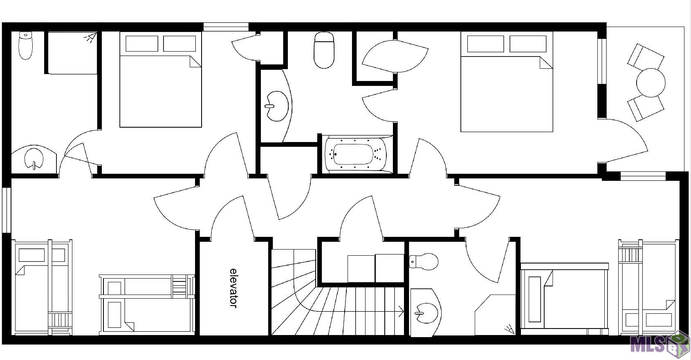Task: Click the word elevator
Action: (x=234, y=288)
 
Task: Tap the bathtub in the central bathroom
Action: (x=357, y=154)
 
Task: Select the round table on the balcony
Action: (x=651, y=83)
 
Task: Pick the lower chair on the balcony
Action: (x=646, y=108)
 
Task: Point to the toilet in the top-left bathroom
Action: (x=26, y=45)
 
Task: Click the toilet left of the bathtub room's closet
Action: (x=324, y=50)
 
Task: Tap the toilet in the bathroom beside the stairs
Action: (x=424, y=261)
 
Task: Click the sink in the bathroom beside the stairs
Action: (x=426, y=313)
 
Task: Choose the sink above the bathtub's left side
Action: (x=277, y=106)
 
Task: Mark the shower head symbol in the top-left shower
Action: (x=90, y=38)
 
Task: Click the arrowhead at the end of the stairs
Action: (x=402, y=311)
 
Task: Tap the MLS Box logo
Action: (x=659, y=345)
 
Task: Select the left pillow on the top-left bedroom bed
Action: (x=142, y=43)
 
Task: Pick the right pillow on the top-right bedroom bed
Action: (x=528, y=44)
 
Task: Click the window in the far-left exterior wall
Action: (x=7, y=210)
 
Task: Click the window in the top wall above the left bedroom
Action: (x=226, y=27)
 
